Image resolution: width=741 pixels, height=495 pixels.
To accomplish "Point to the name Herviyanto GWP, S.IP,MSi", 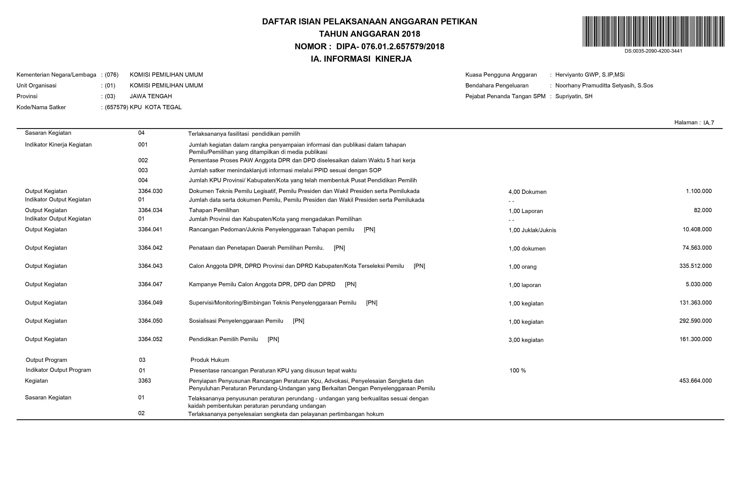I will [x=590, y=75].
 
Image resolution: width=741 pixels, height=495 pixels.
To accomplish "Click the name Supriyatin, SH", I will [x=574, y=96].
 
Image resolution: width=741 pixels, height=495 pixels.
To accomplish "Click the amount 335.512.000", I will [x=695, y=266].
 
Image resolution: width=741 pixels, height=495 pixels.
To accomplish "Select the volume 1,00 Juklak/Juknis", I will [x=532, y=230].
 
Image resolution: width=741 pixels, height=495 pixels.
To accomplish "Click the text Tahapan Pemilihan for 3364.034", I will [x=214, y=210].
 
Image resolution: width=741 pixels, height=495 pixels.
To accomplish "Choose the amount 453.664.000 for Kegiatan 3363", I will [x=695, y=381].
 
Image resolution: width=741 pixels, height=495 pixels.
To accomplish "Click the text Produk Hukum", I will [x=210, y=360].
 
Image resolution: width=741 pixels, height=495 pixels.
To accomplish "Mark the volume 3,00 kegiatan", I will [x=526, y=340].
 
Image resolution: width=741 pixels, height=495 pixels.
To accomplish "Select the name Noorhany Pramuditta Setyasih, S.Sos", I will [x=604, y=86].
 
